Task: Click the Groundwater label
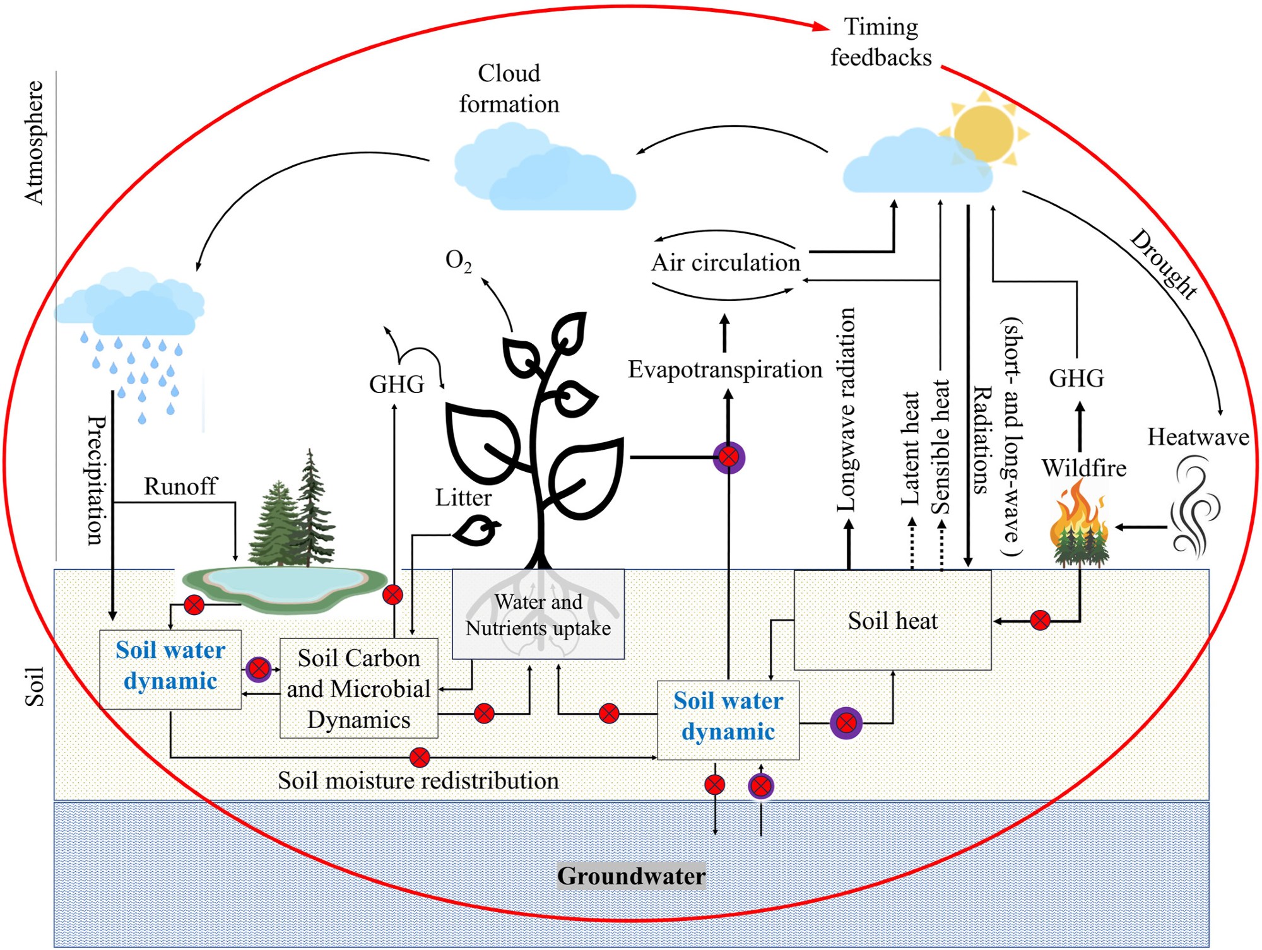pyautogui.click(x=631, y=876)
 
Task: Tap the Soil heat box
pyautogui.click(x=892, y=621)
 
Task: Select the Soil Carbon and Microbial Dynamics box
pyautogui.click(x=358, y=688)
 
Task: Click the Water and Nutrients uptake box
pyautogui.click(x=538, y=615)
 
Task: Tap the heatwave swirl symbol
pyautogui.click(x=1194, y=508)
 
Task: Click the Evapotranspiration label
pyautogui.click(x=725, y=370)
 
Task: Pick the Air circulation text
pyautogui.click(x=726, y=262)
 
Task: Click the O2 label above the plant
pyautogui.click(x=458, y=260)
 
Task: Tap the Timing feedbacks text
pyautogui.click(x=881, y=42)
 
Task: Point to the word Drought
pyautogui.click(x=1164, y=264)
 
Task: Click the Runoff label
pyautogui.click(x=180, y=486)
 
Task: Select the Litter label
pyautogui.click(x=463, y=498)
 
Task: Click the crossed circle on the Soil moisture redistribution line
pyautogui.click(x=420, y=757)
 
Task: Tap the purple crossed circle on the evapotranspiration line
pyautogui.click(x=729, y=457)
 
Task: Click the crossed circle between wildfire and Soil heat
pyautogui.click(x=1040, y=621)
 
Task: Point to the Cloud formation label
pyautogui.click(x=509, y=88)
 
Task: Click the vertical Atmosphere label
pyautogui.click(x=34, y=143)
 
